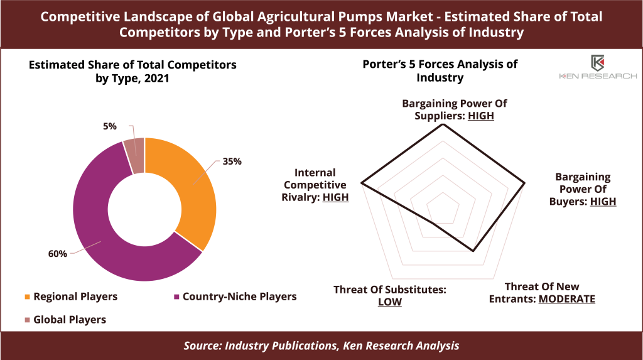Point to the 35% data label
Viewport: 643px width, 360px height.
(232, 161)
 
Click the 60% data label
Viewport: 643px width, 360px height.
(57, 254)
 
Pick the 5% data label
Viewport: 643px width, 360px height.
(110, 126)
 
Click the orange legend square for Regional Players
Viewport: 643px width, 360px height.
(28, 297)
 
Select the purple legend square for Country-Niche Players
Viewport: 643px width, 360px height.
(176, 297)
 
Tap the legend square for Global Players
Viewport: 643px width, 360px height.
(28, 320)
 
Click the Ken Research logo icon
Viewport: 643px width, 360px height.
(598, 63)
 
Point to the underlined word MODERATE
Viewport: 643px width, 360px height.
(567, 299)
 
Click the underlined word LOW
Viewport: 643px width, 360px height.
(390, 302)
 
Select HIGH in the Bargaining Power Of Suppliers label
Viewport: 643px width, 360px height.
(481, 116)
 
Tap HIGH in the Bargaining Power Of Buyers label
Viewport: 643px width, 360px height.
(603, 202)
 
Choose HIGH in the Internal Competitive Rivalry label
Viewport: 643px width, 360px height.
(335, 197)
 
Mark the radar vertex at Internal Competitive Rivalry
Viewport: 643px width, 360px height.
(361, 183)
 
